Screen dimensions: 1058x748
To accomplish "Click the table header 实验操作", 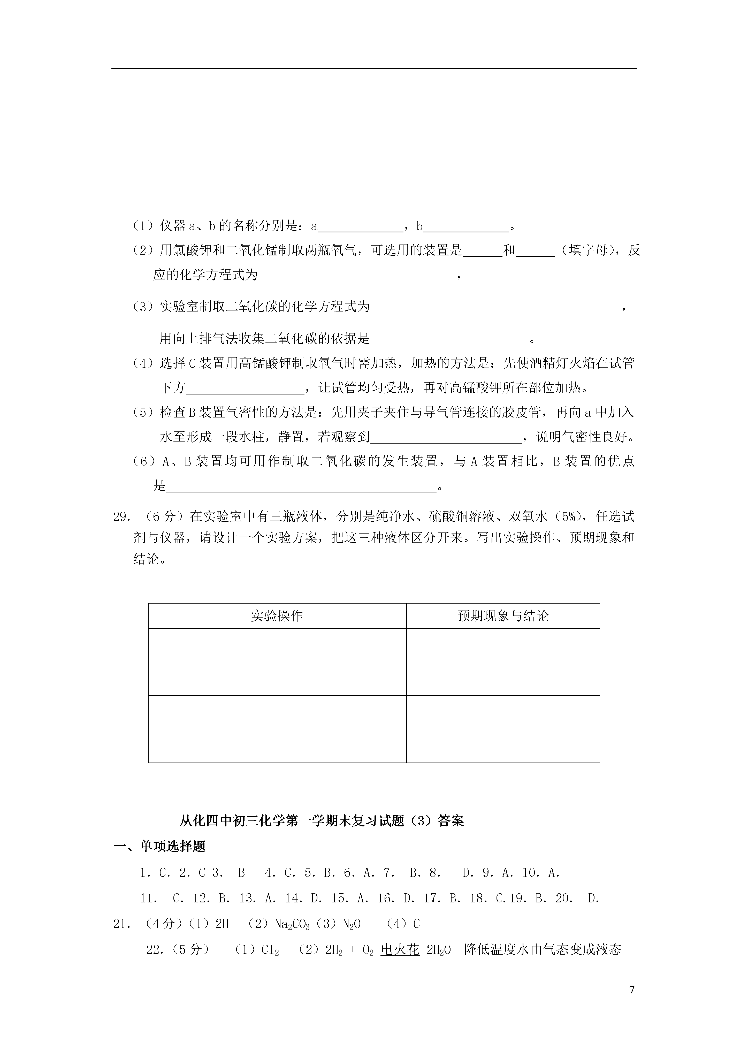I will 277,616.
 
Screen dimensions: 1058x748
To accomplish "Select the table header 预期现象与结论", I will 503,616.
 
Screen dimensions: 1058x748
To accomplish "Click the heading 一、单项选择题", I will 159,846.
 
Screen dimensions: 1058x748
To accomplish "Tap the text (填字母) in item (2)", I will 588,251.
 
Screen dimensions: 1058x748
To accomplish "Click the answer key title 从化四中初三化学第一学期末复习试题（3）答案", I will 322,821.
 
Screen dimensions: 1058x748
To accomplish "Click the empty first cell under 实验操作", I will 277,662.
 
